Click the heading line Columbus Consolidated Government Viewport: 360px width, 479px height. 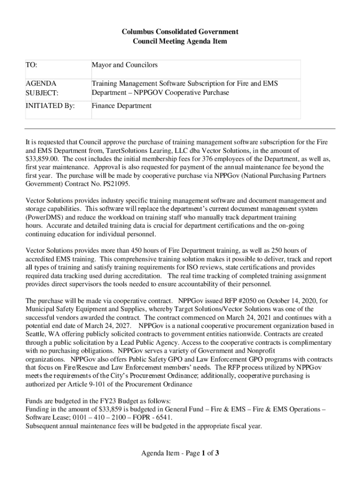(180, 32)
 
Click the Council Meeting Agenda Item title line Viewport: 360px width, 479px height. (180, 41)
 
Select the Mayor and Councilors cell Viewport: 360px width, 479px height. (124, 65)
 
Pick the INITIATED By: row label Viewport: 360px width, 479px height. (50, 106)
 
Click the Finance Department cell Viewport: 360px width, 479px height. (122, 106)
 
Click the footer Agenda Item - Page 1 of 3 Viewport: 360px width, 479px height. (180, 453)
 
